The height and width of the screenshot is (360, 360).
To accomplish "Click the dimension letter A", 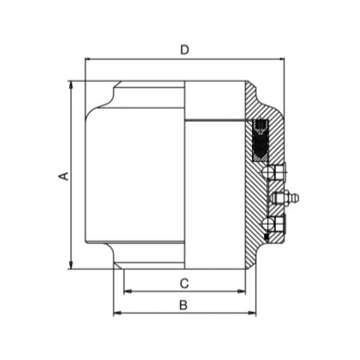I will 63,176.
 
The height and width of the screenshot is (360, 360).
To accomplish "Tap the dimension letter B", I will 184,305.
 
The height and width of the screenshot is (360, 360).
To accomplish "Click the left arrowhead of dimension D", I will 89,58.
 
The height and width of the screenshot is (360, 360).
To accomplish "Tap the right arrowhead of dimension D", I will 281,58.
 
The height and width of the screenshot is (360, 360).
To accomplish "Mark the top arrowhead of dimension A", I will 71,84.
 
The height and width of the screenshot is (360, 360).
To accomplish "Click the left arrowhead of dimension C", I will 127,291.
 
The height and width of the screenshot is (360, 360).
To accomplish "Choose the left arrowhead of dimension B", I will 117,313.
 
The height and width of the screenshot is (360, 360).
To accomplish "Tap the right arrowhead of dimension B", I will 253,313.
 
